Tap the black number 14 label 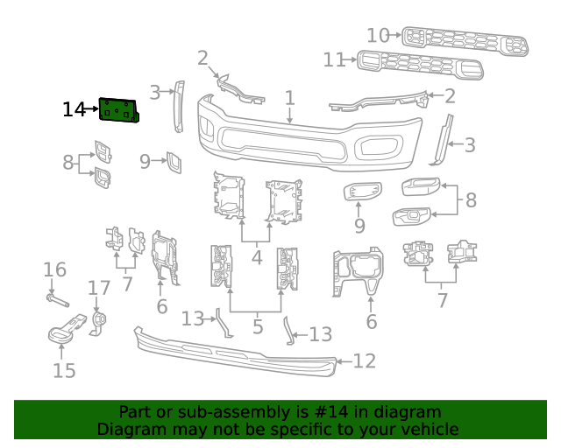click(74, 110)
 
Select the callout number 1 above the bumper click(289, 99)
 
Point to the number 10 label click(378, 36)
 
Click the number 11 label click(334, 59)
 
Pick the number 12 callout click(364, 360)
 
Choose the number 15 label click(64, 370)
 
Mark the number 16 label click(54, 269)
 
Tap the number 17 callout click(99, 288)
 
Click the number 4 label click(257, 258)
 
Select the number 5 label click(257, 328)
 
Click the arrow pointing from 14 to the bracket click(92, 110)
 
